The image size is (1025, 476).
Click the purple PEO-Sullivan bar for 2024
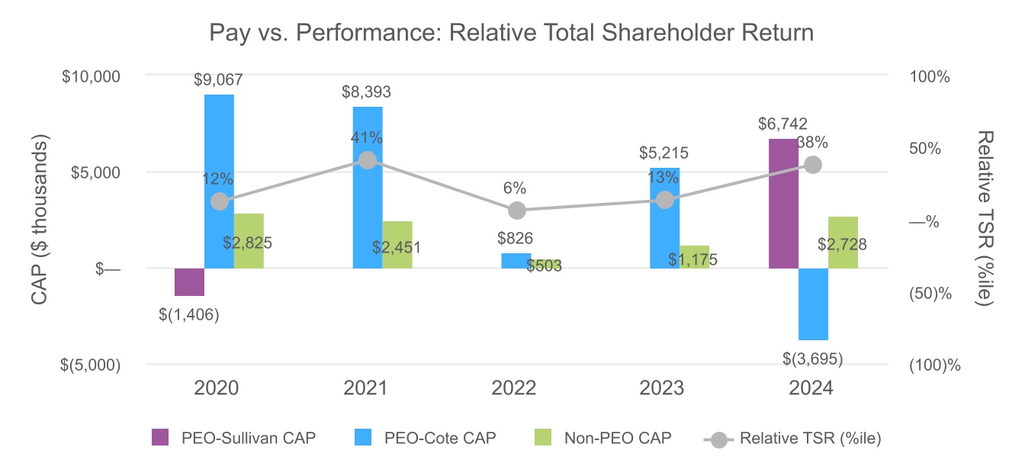coord(783,204)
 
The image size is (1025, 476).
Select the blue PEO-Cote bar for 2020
coord(220,182)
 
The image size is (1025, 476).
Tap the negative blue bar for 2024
coord(813,304)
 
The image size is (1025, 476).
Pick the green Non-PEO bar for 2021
coord(397,245)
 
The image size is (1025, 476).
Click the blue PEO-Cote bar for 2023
coord(665,218)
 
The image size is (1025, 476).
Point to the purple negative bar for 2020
coord(190,281)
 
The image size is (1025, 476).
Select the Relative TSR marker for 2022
coord(517,211)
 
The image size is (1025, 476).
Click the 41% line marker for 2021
coord(368,160)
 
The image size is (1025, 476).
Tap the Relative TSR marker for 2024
coord(813,165)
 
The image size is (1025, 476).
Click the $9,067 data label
coord(219,79)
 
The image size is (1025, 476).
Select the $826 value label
coord(516,238)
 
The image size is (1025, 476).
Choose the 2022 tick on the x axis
coord(514,388)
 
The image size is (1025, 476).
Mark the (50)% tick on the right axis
coord(930,293)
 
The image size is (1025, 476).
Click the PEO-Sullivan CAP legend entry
coord(233,438)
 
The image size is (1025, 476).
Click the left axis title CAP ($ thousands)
coord(43,221)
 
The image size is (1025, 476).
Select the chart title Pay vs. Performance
coord(512,34)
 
